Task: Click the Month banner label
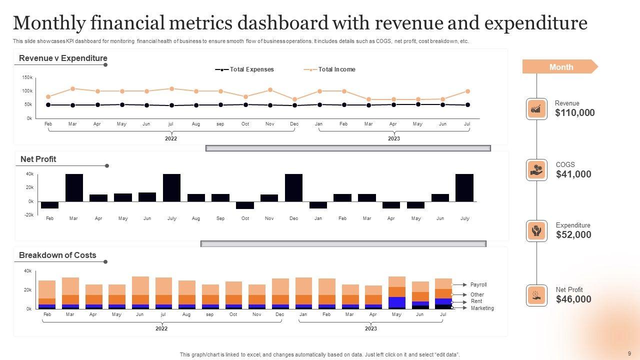[561, 67]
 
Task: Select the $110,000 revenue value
[575, 113]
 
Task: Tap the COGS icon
[536, 170]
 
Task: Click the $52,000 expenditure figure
[573, 235]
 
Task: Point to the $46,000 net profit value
[573, 299]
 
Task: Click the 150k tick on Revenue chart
[27, 77]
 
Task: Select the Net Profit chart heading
[38, 159]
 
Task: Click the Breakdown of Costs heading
[57, 255]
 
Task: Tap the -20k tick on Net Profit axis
[28, 215]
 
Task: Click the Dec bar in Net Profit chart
[293, 187]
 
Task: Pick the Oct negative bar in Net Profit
[245, 205]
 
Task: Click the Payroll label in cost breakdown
[478, 284]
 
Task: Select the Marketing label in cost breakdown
[482, 308]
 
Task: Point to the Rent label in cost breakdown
[476, 301]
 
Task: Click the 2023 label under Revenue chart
[394, 138]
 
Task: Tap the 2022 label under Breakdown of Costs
[161, 328]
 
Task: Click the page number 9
[629, 353]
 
